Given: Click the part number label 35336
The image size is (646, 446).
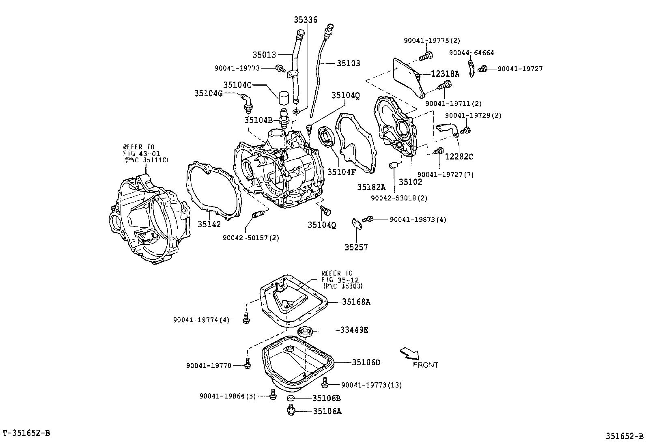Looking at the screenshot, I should click(x=306, y=19).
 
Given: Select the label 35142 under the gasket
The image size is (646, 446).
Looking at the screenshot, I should click(x=209, y=224).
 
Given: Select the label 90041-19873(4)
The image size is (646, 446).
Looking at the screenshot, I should click(x=418, y=220).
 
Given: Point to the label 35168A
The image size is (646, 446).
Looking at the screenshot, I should click(x=356, y=302).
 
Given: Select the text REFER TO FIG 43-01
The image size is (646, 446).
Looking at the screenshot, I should click(x=139, y=150).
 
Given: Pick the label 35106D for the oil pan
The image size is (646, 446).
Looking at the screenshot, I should click(x=366, y=362).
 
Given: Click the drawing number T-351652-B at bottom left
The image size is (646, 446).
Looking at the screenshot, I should click(x=26, y=433).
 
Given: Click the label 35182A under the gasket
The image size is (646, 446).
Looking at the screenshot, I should click(x=370, y=187).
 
